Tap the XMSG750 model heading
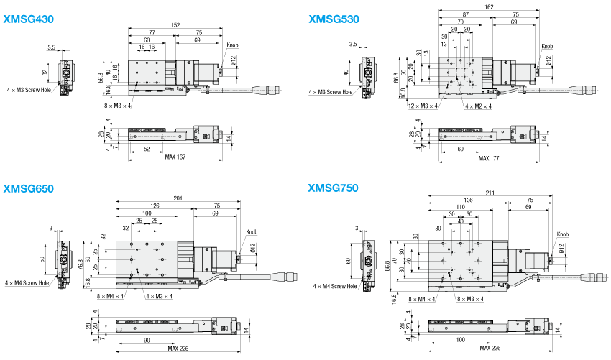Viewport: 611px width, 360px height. pos(333,189)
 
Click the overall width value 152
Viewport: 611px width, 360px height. pos(175,24)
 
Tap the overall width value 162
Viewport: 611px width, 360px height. pos(489,7)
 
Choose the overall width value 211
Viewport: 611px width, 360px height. pos(491,193)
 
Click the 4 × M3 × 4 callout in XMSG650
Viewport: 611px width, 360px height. pos(159,295)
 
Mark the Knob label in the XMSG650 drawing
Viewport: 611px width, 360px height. pos(251,232)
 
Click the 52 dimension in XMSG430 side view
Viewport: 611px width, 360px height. pos(147,149)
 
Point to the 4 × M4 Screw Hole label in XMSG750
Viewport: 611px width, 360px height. pos(335,286)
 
